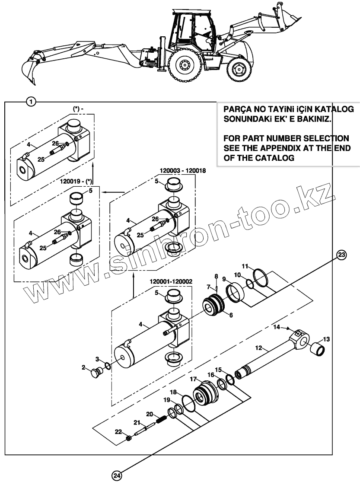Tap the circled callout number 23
(341, 255)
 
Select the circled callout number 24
(116, 475)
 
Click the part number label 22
(118, 432)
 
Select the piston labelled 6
(213, 304)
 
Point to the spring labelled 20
(161, 420)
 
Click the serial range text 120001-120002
(171, 281)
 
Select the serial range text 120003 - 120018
(183, 171)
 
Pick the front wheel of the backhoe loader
(238, 70)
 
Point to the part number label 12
(259, 347)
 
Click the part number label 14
(277, 327)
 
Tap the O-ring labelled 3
(108, 365)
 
